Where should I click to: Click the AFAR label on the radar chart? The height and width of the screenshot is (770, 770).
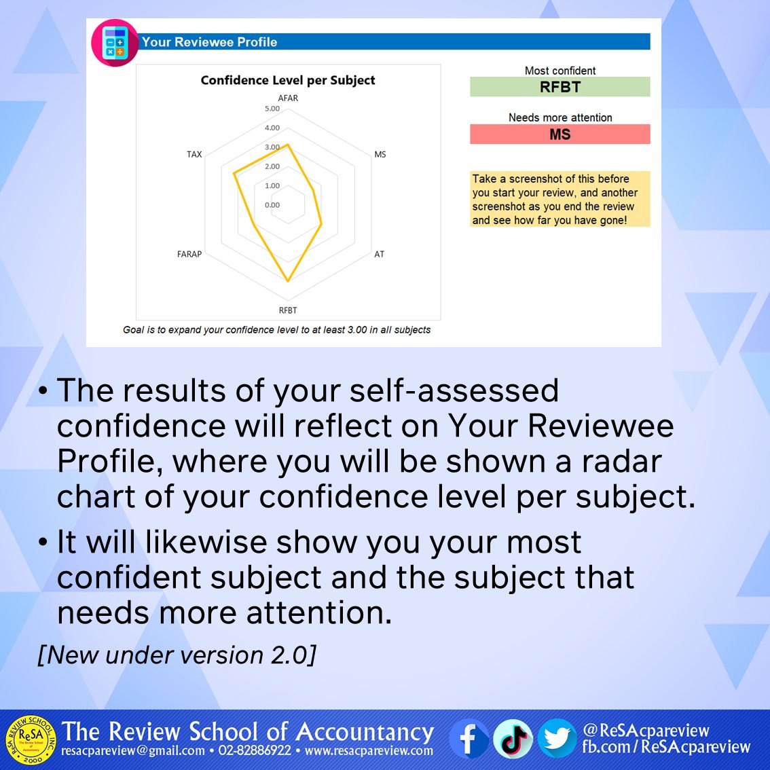(288, 98)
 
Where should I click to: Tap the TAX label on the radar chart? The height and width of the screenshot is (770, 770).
(194, 154)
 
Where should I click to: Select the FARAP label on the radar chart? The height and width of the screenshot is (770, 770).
(189, 254)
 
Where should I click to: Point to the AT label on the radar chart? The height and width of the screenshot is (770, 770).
(379, 254)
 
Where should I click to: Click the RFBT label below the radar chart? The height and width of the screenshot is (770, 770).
(288, 310)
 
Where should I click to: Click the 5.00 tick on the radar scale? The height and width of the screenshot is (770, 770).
(272, 109)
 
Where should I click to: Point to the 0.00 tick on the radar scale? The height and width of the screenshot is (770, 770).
(272, 205)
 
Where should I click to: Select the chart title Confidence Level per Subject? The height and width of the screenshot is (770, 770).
(288, 80)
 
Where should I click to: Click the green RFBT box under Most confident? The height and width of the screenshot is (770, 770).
(560, 87)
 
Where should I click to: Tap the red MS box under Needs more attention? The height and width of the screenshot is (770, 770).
(560, 134)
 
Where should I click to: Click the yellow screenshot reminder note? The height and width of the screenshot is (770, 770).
(560, 199)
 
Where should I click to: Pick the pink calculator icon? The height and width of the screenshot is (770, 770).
(115, 42)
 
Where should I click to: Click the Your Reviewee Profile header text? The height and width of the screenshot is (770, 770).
(210, 42)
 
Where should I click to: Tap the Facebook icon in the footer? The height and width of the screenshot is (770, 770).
(469, 739)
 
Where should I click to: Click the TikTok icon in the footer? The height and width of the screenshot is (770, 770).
(513, 739)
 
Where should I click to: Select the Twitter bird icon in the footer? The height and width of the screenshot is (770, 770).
(557, 739)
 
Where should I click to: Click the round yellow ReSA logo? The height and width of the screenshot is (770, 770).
(31, 739)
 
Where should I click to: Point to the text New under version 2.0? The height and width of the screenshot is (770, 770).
(177, 655)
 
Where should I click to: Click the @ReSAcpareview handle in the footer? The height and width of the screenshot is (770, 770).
(646, 731)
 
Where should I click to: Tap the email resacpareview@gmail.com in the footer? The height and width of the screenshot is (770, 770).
(133, 751)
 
